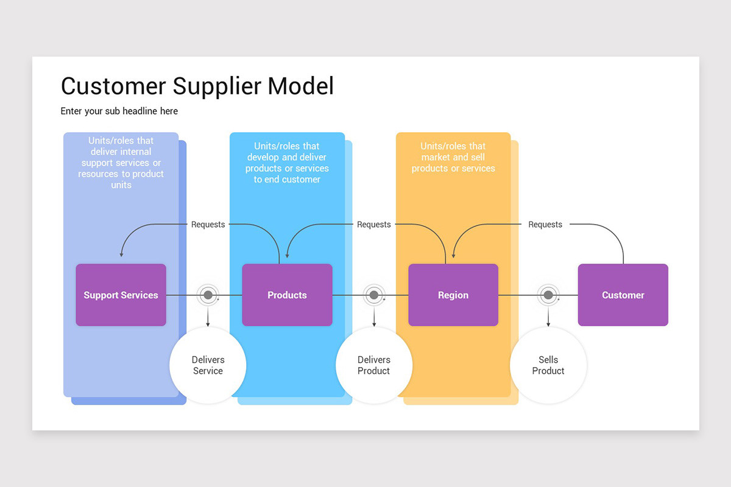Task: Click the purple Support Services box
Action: pyautogui.click(x=121, y=295)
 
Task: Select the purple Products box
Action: pyautogui.click(x=287, y=295)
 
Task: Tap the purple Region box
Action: pyautogui.click(x=453, y=295)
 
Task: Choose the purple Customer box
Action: pyautogui.click(x=623, y=295)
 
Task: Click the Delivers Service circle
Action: pyautogui.click(x=208, y=365)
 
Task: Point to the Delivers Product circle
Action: pyautogui.click(x=374, y=365)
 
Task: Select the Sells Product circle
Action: pyautogui.click(x=548, y=365)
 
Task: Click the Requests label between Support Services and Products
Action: pyautogui.click(x=208, y=225)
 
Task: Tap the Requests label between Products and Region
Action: pyautogui.click(x=373, y=225)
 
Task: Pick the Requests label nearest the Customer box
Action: pyautogui.click(x=545, y=225)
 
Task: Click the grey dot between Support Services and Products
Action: pyautogui.click(x=208, y=295)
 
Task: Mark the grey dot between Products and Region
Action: pyautogui.click(x=374, y=295)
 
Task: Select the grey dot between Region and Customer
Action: pyautogui.click(x=548, y=295)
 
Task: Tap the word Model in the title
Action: pyautogui.click(x=301, y=86)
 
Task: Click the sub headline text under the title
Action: pyautogui.click(x=119, y=111)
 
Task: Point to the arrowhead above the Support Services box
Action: pyautogui.click(x=121, y=254)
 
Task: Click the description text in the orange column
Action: pyautogui.click(x=453, y=157)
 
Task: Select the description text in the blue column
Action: pyautogui.click(x=287, y=163)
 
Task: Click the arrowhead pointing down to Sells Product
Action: pyautogui.click(x=548, y=324)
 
